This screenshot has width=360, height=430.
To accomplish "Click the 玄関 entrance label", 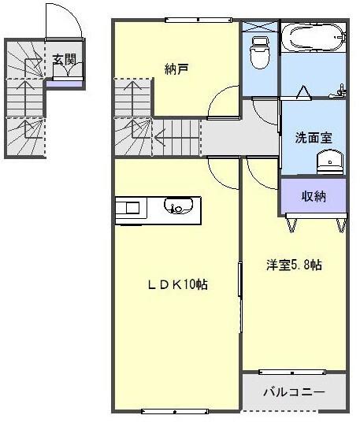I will pyautogui.click(x=65, y=58).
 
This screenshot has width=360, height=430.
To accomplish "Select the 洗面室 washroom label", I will pyautogui.click(x=314, y=137).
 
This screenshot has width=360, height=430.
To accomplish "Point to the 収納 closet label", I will pyautogui.click(x=314, y=196).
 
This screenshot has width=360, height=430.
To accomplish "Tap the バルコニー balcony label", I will pyautogui.click(x=293, y=391).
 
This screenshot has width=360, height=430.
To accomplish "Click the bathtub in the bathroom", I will pyautogui.click(x=314, y=36).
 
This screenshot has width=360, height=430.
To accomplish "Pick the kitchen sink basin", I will pyautogui.click(x=176, y=208).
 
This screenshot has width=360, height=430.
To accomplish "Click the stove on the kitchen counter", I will pyautogui.click(x=128, y=208).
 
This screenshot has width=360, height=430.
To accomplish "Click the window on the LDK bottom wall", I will pyautogui.click(x=175, y=410).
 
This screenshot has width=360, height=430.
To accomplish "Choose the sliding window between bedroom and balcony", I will pyautogui.click(x=293, y=371).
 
